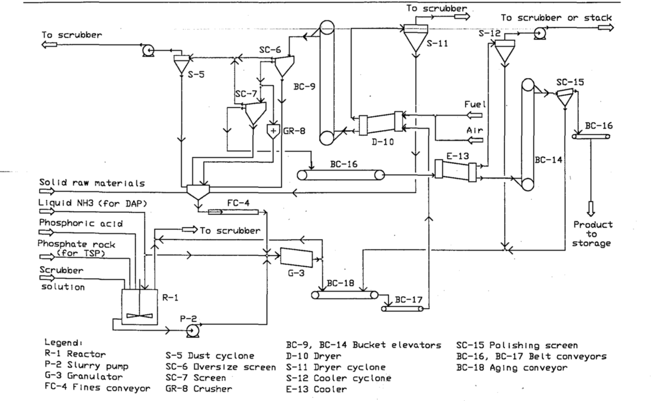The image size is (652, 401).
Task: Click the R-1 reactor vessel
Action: (139, 307)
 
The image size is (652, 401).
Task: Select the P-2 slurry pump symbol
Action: (192, 331)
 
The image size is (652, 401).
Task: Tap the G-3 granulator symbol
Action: (297, 258)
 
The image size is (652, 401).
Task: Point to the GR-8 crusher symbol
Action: (273, 131)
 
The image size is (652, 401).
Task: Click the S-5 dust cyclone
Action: (181, 64)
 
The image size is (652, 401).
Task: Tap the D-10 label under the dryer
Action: (383, 142)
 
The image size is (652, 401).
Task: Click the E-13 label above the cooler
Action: (457, 156)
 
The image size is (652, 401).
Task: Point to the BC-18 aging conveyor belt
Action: (345, 295)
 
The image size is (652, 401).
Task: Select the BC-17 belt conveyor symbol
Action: (402, 308)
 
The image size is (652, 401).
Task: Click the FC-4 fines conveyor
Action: (233, 212)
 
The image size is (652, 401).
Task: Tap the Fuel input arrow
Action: (474, 115)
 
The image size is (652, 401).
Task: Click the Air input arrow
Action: (474, 140)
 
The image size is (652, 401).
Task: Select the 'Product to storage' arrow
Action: (591, 208)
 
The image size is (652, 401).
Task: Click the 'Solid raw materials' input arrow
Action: (47, 191)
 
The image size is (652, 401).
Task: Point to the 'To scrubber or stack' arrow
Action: (606, 27)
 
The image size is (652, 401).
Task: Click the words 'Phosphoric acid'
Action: (81, 223)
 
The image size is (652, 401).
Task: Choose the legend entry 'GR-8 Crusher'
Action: (199, 389)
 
